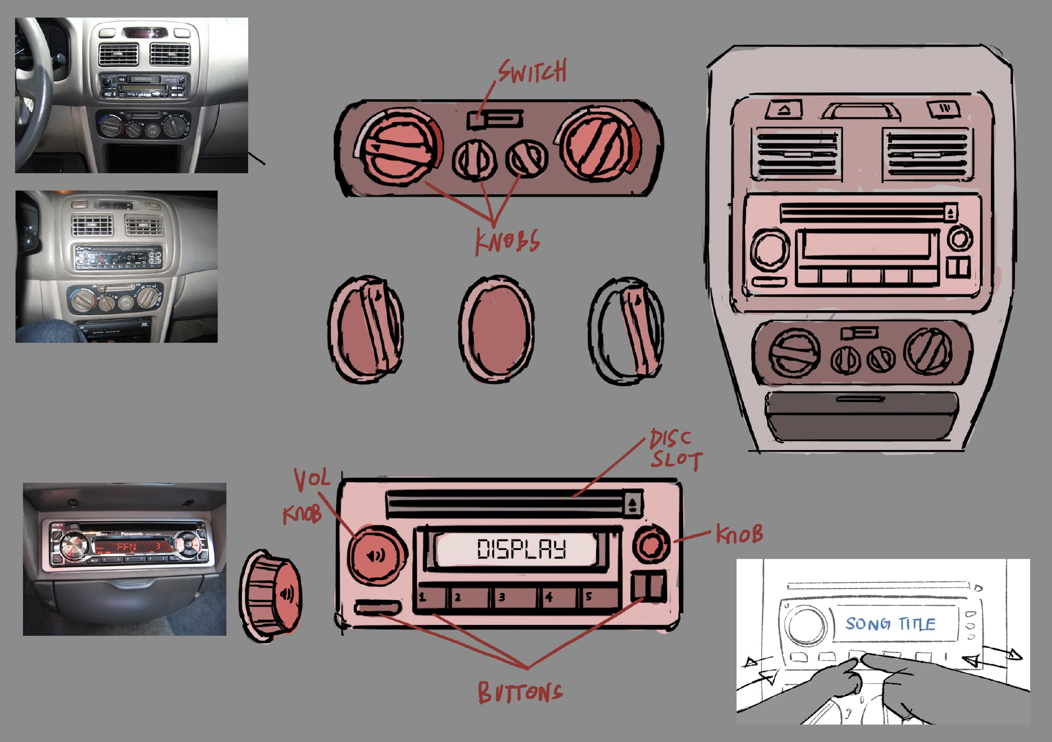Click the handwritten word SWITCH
[533, 72]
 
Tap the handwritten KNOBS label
[507, 242]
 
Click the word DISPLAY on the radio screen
[521, 549]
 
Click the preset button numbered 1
[430, 597]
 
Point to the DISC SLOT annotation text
[675, 449]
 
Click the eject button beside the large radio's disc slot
[633, 503]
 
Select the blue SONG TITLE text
[890, 624]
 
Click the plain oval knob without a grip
[496, 329]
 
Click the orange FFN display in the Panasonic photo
[126, 546]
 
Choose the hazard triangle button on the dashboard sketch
[784, 109]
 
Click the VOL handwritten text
[312, 479]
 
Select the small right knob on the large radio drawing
[651, 544]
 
